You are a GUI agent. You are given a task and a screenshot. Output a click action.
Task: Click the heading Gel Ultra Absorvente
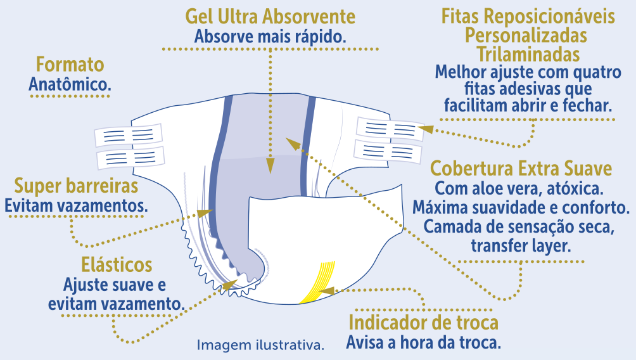tap(270, 16)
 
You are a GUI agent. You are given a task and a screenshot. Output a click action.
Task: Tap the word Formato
tap(70, 65)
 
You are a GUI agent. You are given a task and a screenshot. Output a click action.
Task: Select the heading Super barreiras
tap(76, 186)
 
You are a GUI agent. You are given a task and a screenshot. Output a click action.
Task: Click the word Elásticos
tap(117, 264)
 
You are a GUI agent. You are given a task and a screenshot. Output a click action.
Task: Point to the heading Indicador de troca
tap(424, 323)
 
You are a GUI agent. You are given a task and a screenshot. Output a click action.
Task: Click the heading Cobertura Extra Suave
tap(521, 169)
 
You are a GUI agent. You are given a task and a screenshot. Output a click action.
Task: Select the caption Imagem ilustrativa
tap(260, 345)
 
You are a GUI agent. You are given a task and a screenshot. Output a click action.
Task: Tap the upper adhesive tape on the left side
tap(129, 135)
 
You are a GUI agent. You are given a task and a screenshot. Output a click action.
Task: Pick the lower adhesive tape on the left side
tap(130, 156)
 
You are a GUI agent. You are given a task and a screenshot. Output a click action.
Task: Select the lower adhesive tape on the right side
tap(388, 151)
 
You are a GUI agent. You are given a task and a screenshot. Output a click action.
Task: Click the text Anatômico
tap(70, 84)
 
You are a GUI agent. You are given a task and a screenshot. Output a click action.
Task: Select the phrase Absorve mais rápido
tap(270, 36)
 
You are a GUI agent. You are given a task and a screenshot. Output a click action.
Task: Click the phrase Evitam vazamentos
tap(76, 205)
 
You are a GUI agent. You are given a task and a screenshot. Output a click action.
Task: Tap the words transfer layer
tap(521, 245)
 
